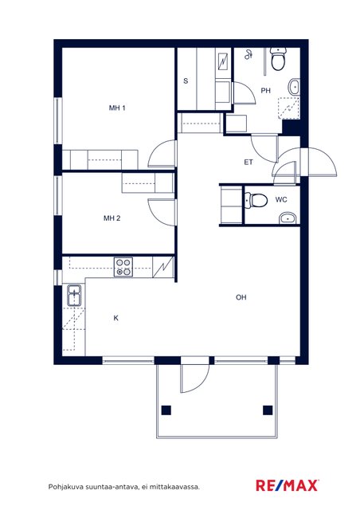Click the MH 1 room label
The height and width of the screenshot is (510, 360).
[x=117, y=108]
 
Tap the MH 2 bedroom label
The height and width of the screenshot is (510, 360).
[x=112, y=218]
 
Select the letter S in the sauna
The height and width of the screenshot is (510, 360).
[x=186, y=80]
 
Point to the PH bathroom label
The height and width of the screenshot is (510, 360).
[x=266, y=90]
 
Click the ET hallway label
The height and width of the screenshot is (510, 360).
[x=248, y=162]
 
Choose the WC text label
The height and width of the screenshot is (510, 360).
[x=281, y=199]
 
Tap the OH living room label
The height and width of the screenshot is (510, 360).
[x=241, y=297]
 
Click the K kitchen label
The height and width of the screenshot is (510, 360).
[x=116, y=318]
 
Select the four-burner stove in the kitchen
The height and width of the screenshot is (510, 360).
[x=123, y=267]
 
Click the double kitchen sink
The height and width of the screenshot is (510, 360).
[x=75, y=296]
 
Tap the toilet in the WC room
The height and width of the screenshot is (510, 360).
[x=256, y=200]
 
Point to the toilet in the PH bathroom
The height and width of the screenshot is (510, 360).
[x=279, y=59]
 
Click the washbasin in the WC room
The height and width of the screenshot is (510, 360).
[x=288, y=218]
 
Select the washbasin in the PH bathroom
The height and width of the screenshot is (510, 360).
[x=294, y=87]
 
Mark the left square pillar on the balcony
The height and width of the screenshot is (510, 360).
[x=166, y=410]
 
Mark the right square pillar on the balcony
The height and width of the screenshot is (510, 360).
[x=268, y=410]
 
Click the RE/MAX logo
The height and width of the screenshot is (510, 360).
[x=288, y=485]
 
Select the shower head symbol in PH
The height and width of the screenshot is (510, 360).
[x=248, y=55]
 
